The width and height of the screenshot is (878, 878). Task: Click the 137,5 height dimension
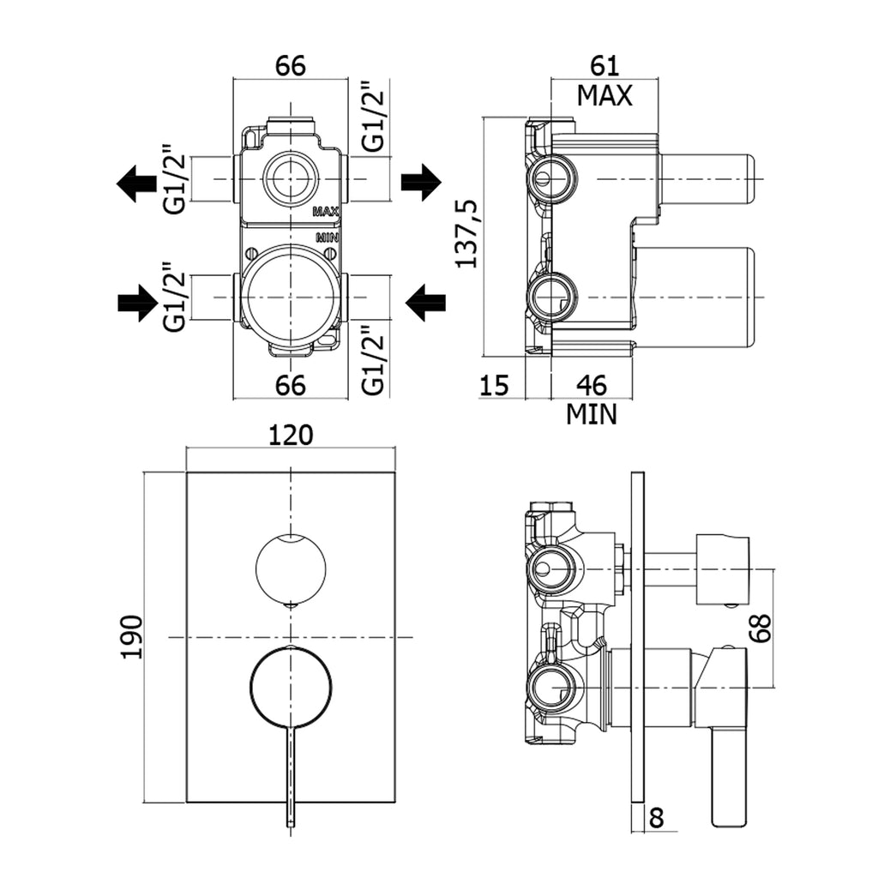[x=466, y=233]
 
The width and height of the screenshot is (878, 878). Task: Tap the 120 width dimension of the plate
[x=291, y=435]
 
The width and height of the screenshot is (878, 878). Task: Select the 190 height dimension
[x=133, y=637]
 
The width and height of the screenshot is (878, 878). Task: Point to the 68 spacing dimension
[x=761, y=628]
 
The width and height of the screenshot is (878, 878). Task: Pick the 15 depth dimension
[x=494, y=385]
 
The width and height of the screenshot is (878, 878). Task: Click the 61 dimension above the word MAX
[x=604, y=66]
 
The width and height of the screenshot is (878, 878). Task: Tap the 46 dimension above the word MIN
[x=592, y=385]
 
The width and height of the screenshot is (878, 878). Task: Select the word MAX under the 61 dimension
[x=604, y=96]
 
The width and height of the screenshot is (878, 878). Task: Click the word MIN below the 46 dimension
[x=592, y=415]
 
